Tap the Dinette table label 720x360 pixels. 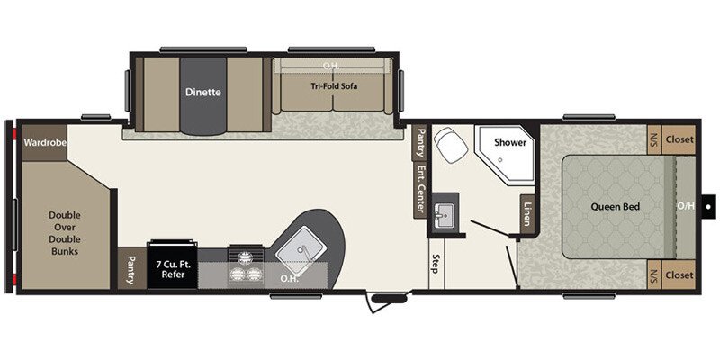(x=203, y=92)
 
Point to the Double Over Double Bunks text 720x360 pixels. (x=64, y=233)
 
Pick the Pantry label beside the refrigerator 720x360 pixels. (x=130, y=268)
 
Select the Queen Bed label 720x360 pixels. (x=615, y=207)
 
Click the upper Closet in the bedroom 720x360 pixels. (x=679, y=139)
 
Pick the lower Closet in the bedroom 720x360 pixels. (x=679, y=274)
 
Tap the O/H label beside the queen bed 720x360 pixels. (x=686, y=206)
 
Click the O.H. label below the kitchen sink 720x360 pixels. (x=291, y=277)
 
